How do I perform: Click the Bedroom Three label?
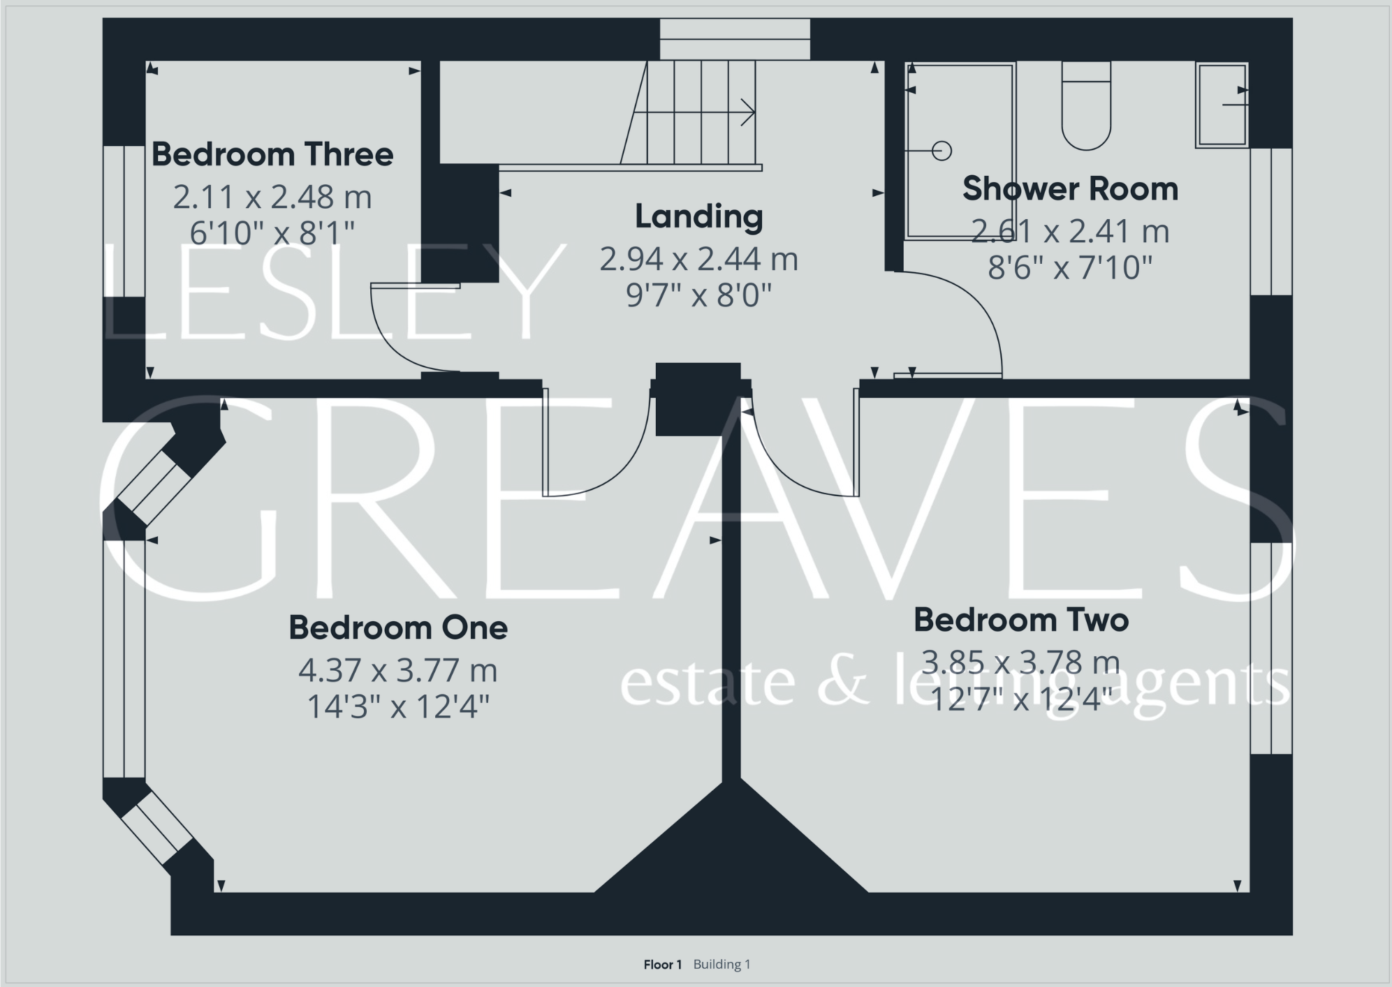click(x=272, y=154)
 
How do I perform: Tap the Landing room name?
click(x=698, y=216)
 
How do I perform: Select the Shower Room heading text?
click(x=1070, y=189)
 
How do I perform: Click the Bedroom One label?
click(x=398, y=628)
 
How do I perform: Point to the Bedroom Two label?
click(x=1021, y=620)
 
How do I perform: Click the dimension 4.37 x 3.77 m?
click(x=398, y=671)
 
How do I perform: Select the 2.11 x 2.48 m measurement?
click(x=272, y=198)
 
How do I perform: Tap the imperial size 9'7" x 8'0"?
click(x=698, y=295)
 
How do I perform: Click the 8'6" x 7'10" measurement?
click(x=1070, y=267)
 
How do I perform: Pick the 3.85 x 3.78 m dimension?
click(x=1021, y=662)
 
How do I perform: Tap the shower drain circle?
click(x=942, y=150)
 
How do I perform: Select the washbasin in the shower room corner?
click(x=1222, y=105)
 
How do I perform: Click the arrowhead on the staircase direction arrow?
click(x=749, y=112)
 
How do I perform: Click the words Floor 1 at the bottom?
click(x=662, y=965)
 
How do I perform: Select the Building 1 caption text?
click(x=721, y=965)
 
